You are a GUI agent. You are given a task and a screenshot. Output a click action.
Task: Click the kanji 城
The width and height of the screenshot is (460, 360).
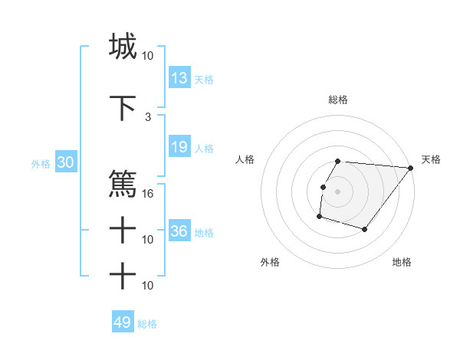tap(123, 46)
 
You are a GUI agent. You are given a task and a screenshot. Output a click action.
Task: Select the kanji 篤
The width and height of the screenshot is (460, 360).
tap(123, 185)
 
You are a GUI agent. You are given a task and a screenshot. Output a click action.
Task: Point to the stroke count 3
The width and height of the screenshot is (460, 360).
tap(148, 116)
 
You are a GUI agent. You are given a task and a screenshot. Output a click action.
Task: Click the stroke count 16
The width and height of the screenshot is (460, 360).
tap(148, 193)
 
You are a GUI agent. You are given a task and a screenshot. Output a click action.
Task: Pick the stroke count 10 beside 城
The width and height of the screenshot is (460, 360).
tap(148, 55)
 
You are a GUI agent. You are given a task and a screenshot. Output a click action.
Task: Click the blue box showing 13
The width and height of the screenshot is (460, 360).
tap(179, 78)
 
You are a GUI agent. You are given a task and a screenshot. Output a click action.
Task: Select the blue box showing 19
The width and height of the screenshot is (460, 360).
tap(179, 147)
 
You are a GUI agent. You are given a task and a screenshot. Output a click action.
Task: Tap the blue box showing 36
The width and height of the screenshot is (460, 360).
tap(179, 231)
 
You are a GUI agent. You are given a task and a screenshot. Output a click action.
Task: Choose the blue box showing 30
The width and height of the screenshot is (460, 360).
tap(65, 162)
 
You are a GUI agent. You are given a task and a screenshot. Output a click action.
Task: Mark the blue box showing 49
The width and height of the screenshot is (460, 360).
tap(123, 322)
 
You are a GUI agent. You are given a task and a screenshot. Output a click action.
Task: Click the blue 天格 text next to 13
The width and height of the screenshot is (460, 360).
tap(204, 79)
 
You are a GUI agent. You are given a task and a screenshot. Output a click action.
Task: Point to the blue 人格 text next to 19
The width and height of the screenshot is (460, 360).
tap(204, 148)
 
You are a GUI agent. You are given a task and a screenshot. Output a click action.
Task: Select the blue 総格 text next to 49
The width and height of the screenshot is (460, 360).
tap(147, 324)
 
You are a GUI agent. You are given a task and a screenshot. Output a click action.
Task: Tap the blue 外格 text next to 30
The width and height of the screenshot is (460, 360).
tap(41, 164)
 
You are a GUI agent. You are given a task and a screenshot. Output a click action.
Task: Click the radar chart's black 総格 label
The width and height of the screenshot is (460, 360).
tap(338, 100)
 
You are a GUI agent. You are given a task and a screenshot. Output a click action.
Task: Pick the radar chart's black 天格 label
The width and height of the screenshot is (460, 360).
tap(432, 159)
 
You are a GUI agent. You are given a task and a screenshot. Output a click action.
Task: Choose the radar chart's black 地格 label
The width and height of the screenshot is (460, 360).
tap(402, 263)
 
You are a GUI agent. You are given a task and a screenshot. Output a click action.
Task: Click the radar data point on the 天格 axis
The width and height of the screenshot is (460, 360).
tap(410, 168)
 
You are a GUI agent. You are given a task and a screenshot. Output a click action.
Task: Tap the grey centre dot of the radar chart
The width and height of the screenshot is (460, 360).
tap(338, 191)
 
